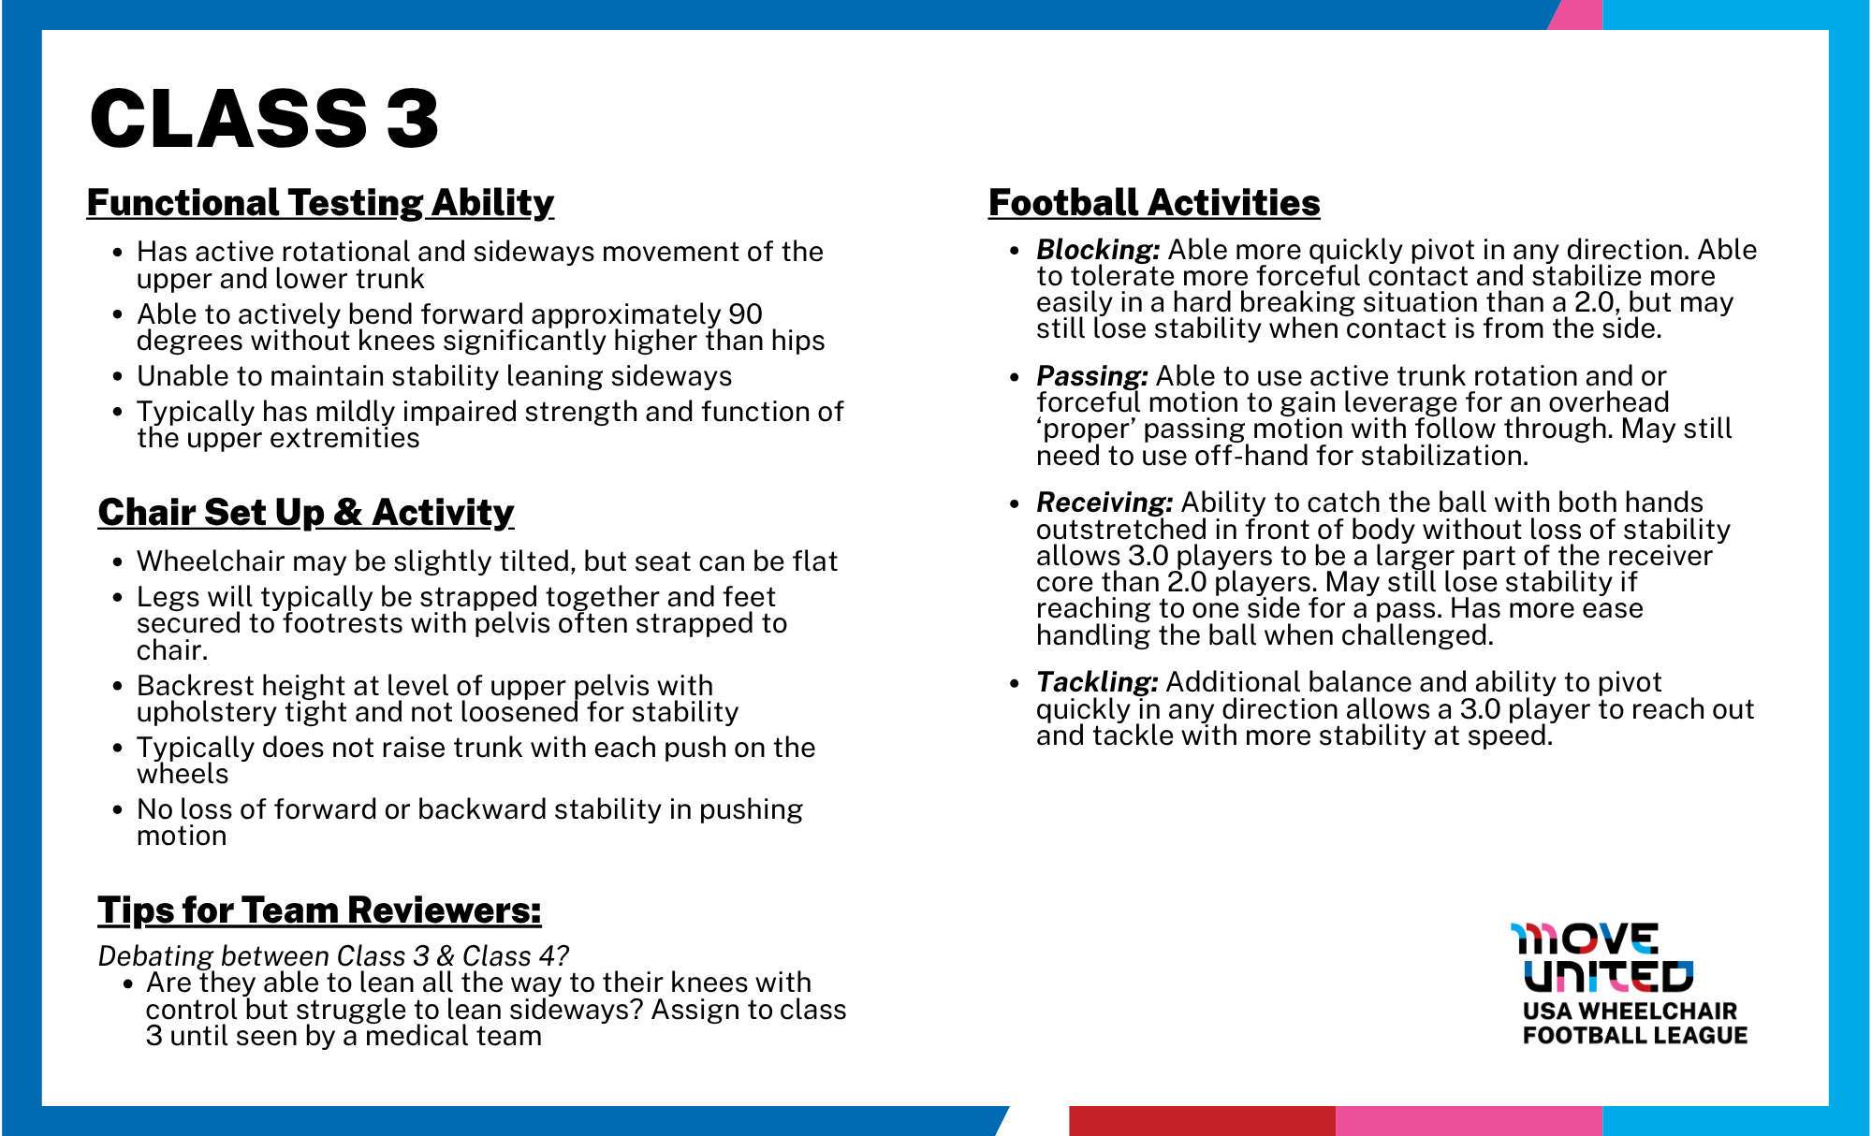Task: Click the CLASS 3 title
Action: click(x=264, y=119)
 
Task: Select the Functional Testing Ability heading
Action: click(x=320, y=203)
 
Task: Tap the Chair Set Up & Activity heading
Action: click(x=306, y=513)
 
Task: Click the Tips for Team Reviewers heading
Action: click(x=319, y=910)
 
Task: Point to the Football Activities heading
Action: click(x=1154, y=203)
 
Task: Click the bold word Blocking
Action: click(x=1098, y=250)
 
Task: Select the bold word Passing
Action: click(x=1091, y=376)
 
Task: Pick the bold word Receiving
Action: click(x=1104, y=502)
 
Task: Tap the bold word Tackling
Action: click(x=1097, y=682)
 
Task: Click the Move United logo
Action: click(x=1602, y=957)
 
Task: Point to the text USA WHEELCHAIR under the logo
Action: click(x=1630, y=1011)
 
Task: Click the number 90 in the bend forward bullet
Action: click(x=745, y=314)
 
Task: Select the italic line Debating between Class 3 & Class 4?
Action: click(x=333, y=955)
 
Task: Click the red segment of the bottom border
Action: click(x=1202, y=1120)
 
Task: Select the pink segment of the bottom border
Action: click(x=1469, y=1120)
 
